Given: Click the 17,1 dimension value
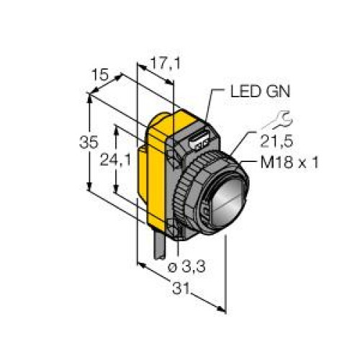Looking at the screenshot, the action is point(165,63).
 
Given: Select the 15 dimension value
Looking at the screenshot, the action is point(101,75).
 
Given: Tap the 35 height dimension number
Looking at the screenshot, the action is point(89,142).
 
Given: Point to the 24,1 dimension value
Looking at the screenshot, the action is point(115,160).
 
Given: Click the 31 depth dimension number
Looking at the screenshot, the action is point(181,288).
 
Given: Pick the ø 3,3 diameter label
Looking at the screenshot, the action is point(186,266).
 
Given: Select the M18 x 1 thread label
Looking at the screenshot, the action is point(289,162).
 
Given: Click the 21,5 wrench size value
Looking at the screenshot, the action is point(276,141).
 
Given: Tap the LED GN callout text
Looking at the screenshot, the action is point(260,91).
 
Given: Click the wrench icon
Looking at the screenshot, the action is point(279,120).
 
